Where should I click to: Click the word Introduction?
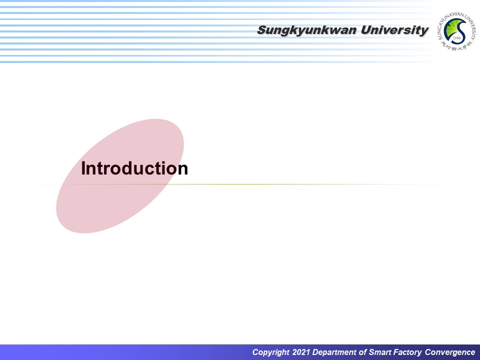pyautogui.click(x=134, y=168)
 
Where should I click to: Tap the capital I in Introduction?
pyautogui.click(x=83, y=168)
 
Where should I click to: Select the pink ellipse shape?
pyautogui.click(x=120, y=176)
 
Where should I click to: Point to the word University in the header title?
pyautogui.click(x=395, y=30)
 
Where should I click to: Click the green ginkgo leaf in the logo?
pyautogui.click(x=451, y=29)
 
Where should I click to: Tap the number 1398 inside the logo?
pyautogui.click(x=456, y=38)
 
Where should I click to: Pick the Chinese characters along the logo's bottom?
pyautogui.click(x=456, y=46)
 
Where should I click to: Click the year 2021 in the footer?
pyautogui.click(x=301, y=352)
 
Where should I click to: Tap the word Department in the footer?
pyautogui.click(x=335, y=352)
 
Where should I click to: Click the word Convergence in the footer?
pyautogui.click(x=450, y=352)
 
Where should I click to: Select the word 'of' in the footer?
pyautogui.click(x=363, y=352)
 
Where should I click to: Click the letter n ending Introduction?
pyautogui.click(x=183, y=170)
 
